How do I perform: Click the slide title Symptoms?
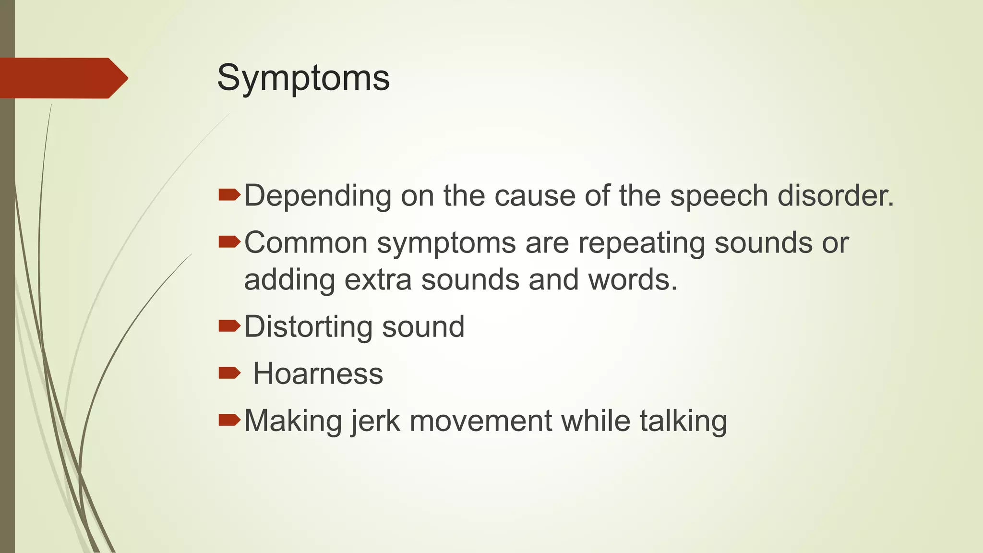(x=303, y=78)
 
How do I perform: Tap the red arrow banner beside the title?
(x=62, y=78)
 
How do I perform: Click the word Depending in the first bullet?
(x=318, y=196)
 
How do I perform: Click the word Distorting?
(x=307, y=327)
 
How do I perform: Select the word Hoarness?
(x=318, y=373)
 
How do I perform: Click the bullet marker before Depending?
(x=229, y=195)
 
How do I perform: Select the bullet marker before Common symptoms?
(x=229, y=242)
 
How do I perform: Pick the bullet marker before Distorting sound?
(x=229, y=326)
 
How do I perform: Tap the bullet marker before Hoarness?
(x=229, y=373)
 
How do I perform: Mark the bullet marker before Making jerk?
(x=229, y=420)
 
